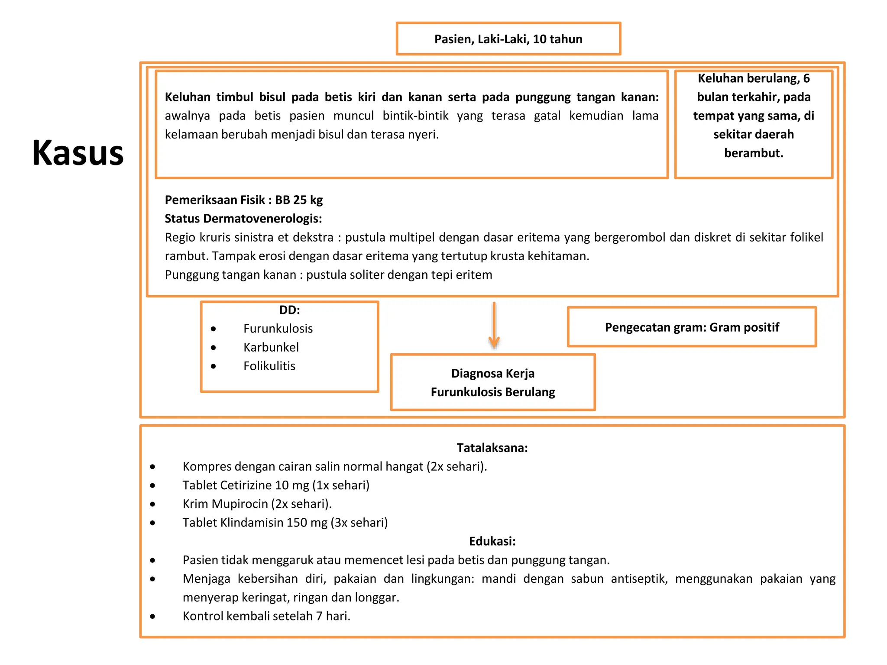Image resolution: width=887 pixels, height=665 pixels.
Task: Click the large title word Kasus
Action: (x=78, y=153)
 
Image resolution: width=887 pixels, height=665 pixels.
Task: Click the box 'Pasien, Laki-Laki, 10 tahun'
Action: (x=508, y=39)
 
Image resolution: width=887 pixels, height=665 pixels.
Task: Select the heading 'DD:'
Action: (x=289, y=310)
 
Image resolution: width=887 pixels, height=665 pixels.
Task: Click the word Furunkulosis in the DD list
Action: (x=278, y=329)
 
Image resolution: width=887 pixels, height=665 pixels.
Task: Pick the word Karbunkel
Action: (x=271, y=347)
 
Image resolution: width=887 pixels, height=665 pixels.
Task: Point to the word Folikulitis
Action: (x=269, y=366)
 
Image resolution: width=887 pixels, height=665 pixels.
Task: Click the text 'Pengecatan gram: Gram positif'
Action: (x=692, y=327)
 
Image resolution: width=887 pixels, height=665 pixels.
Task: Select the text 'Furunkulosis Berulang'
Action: (x=492, y=392)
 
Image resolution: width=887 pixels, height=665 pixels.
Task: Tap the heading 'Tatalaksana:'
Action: (x=492, y=448)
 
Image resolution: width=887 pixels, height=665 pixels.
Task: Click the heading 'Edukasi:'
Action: (x=492, y=541)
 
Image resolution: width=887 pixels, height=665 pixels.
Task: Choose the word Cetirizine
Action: (x=246, y=485)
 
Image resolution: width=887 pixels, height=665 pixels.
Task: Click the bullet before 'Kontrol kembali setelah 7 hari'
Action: (x=152, y=616)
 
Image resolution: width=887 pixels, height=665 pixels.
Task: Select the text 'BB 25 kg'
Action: (x=299, y=200)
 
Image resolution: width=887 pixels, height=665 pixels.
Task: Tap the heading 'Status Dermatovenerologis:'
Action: (x=243, y=219)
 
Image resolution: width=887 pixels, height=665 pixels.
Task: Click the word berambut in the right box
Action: (x=753, y=153)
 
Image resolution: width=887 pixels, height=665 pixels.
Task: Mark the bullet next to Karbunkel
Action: (x=213, y=348)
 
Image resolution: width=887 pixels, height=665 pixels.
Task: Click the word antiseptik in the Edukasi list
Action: (x=639, y=579)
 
